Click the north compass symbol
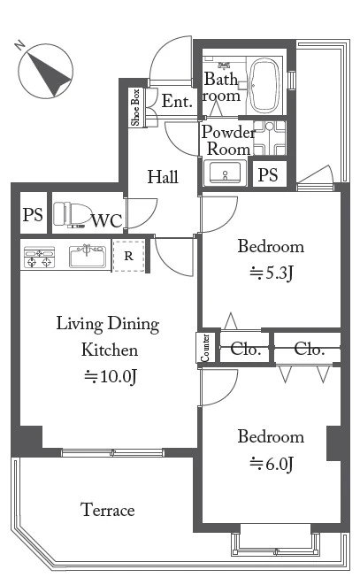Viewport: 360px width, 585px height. point(45,71)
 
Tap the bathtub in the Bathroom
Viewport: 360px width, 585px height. point(264,86)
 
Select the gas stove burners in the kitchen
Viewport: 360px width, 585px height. point(39,257)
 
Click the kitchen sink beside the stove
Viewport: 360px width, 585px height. point(88,256)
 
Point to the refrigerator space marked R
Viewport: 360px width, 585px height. point(129,256)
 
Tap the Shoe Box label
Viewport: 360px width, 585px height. point(135,107)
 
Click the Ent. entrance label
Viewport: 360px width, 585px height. point(177,101)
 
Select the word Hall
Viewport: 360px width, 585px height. point(163,177)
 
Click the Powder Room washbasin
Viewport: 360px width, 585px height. point(225,173)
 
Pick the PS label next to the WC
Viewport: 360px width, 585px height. point(33,214)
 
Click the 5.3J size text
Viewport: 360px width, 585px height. point(272,273)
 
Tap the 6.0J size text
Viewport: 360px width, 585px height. point(272,464)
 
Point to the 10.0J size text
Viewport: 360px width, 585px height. point(110,376)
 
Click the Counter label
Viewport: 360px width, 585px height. point(205,348)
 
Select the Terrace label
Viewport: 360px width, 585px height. point(108,510)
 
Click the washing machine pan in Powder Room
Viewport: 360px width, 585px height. point(270,138)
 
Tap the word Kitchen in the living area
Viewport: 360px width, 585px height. point(110,350)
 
